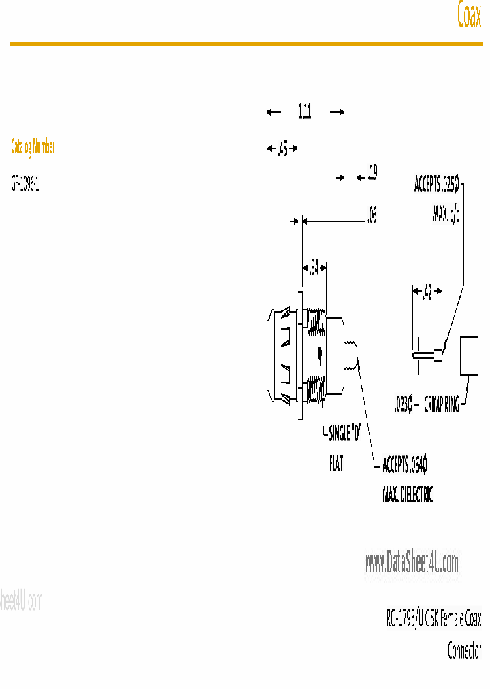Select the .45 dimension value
pos(282,150)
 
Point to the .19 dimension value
pos(372,174)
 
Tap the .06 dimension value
pos(371,217)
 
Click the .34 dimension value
pos(314,268)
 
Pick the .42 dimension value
pos(427,293)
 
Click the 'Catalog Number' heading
pos(33,146)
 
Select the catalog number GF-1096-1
pos(25,184)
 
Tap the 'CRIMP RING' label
pos(442,405)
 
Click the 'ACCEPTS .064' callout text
pos(404,466)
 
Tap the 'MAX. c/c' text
pos(445,216)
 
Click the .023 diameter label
pos(404,405)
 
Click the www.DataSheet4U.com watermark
pos(412,562)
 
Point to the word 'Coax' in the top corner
pos(469,16)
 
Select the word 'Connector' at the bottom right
pos(464,651)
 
